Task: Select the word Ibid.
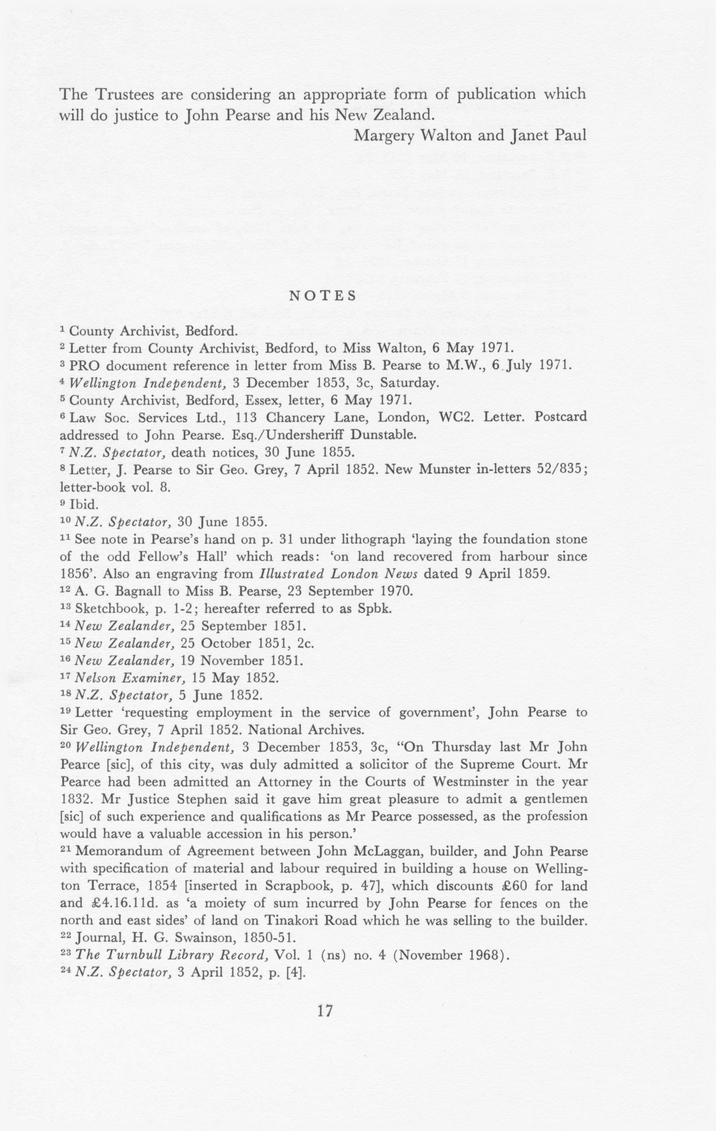tap(84, 505)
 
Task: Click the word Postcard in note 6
tap(561, 417)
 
